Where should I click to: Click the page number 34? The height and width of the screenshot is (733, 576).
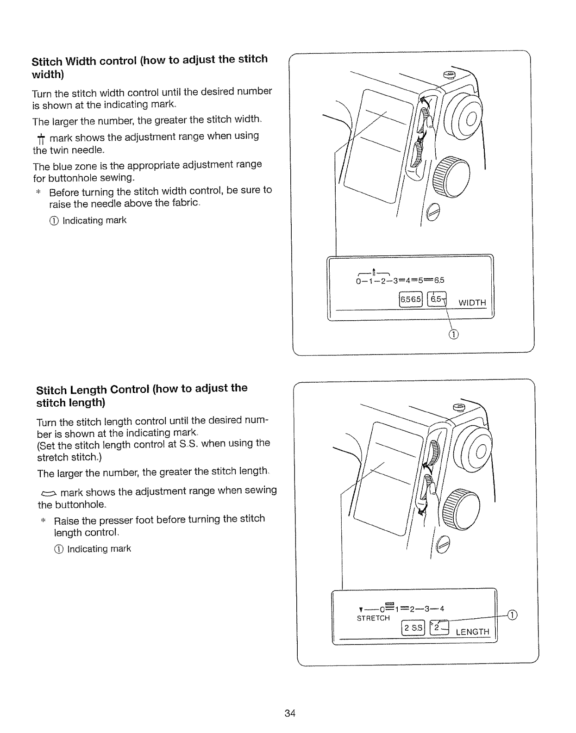pos(290,713)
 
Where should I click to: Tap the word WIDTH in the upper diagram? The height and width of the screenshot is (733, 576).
pos(472,303)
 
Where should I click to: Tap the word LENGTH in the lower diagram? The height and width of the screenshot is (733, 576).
pos(472,632)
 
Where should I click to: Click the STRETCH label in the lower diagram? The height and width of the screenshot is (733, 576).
pos(373,618)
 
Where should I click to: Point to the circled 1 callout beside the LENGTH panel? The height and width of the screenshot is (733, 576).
pos(512,615)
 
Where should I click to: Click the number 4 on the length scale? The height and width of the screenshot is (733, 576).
pos(442,608)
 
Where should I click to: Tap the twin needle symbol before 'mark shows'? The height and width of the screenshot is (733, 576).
pos(41,138)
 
